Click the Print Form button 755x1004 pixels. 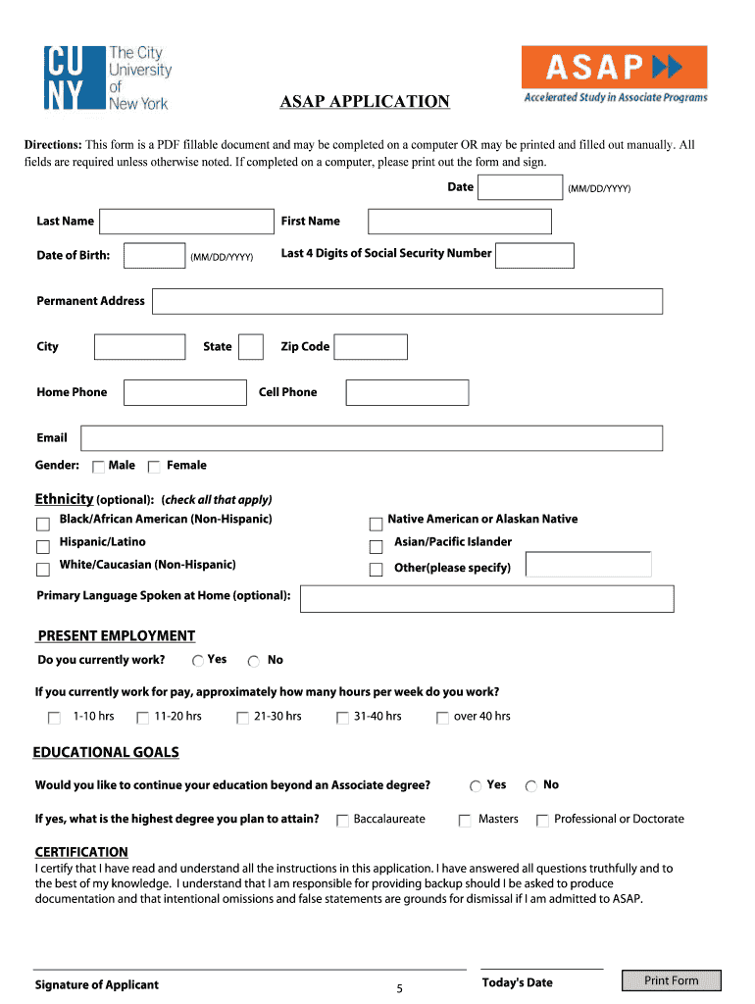click(x=672, y=980)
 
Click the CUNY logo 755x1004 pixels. click(x=107, y=77)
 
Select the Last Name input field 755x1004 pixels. click(x=186, y=222)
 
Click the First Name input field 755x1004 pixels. click(x=459, y=222)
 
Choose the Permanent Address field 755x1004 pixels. click(x=408, y=301)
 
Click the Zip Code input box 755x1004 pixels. click(x=372, y=347)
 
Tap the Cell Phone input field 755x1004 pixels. click(x=407, y=393)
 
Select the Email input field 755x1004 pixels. click(x=372, y=438)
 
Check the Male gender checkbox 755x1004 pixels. click(x=98, y=467)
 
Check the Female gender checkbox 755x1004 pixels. click(x=154, y=467)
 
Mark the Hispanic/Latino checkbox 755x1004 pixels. click(x=43, y=547)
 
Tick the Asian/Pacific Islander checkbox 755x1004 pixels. click(x=376, y=547)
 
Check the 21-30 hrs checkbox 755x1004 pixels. click(x=242, y=719)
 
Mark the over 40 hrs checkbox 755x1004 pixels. click(x=443, y=719)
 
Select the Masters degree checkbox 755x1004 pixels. click(x=465, y=821)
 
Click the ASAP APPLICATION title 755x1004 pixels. click(x=365, y=102)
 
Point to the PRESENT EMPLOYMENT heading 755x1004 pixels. click(x=116, y=635)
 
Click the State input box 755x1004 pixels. click(x=251, y=347)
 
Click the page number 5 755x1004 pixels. click(x=399, y=988)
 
